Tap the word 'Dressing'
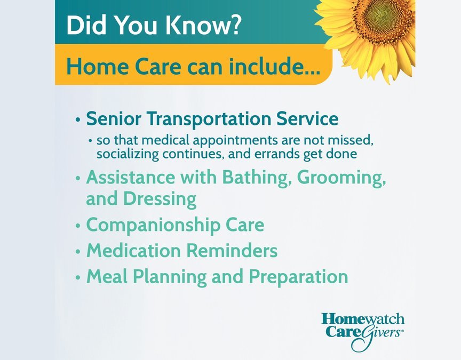tap(160, 199)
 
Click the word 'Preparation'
tap(299, 276)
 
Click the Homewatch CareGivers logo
tap(362, 331)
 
